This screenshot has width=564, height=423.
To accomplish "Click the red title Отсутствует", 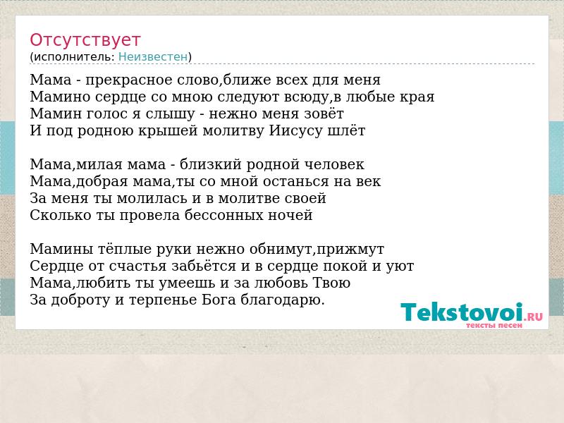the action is [x=85, y=40].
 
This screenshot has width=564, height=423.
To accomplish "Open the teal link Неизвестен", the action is [x=153, y=57].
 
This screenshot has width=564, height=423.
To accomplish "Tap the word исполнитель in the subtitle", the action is [x=74, y=57].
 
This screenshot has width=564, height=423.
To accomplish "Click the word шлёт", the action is [x=346, y=130].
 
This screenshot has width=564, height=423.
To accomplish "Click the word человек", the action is [x=334, y=165].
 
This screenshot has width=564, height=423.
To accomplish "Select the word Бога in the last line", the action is [x=219, y=300].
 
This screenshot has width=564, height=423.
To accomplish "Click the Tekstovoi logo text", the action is [x=462, y=312].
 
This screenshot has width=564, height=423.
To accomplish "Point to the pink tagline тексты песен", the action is [x=494, y=326].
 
